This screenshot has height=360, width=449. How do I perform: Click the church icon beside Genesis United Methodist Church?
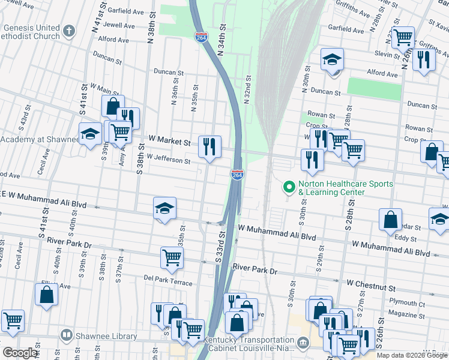click(70, 30)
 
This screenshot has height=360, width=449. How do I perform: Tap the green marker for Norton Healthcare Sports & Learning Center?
click(289, 188)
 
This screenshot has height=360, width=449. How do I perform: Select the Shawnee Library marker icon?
click(67, 335)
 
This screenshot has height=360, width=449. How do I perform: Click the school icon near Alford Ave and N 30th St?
click(332, 60)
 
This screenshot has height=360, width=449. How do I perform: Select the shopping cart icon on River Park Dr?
click(172, 257)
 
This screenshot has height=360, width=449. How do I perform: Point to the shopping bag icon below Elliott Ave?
click(46, 295)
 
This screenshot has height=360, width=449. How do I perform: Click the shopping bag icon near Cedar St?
click(390, 220)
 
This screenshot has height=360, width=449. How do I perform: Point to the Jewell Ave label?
click(119, 26)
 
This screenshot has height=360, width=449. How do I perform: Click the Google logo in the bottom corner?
click(20, 353)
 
